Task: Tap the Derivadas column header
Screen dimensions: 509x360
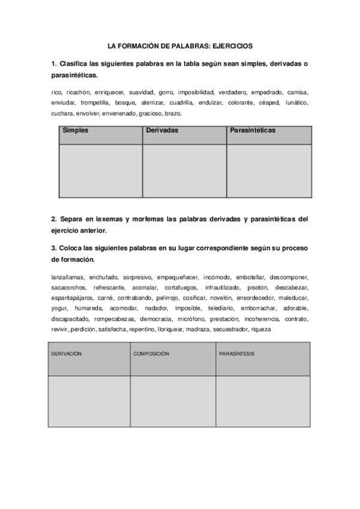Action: pyautogui.click(x=162, y=130)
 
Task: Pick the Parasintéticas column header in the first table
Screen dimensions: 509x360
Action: pyautogui.click(x=253, y=130)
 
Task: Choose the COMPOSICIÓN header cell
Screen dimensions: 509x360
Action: pyautogui.click(x=151, y=354)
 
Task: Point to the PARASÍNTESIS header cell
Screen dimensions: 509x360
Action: pyautogui.click(x=237, y=354)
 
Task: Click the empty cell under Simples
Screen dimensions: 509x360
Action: pyautogui.click(x=100, y=170)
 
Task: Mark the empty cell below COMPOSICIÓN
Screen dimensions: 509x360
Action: pyautogui.click(x=173, y=401)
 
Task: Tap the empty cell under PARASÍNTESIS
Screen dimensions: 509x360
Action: pyautogui.click(x=263, y=401)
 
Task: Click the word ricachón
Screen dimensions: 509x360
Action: pyautogui.click(x=79, y=92)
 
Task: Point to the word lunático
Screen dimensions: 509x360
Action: pyautogui.click(x=296, y=103)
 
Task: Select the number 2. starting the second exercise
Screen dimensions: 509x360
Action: pyautogui.click(x=54, y=220)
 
